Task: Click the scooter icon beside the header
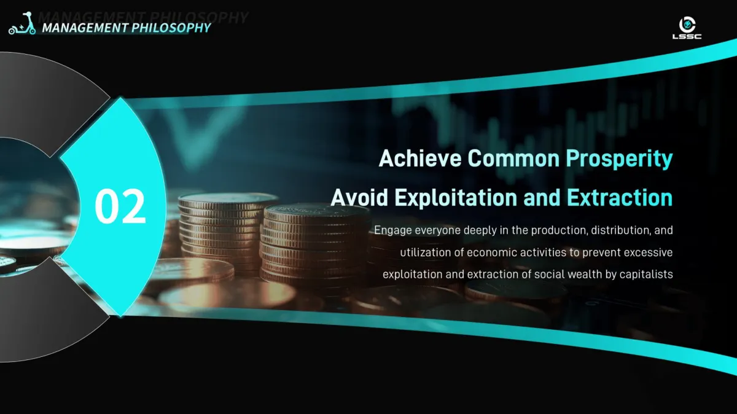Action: pyautogui.click(x=22, y=23)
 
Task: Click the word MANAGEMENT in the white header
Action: pyautogui.click(x=85, y=28)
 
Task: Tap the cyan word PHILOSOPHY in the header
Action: pyautogui.click(x=171, y=28)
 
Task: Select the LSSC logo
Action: pyautogui.click(x=687, y=28)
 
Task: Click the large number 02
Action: pyautogui.click(x=120, y=206)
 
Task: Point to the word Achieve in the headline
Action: pyautogui.click(x=420, y=158)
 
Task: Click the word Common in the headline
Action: pyautogui.click(x=513, y=158)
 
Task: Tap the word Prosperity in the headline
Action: pyautogui.click(x=619, y=159)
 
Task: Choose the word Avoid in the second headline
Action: pyautogui.click(x=359, y=197)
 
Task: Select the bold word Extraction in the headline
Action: pyautogui.click(x=620, y=197)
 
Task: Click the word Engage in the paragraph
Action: pyautogui.click(x=393, y=230)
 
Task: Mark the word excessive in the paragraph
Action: pyautogui.click(x=648, y=252)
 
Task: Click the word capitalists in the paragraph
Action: pyautogui.click(x=646, y=275)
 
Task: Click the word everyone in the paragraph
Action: pyautogui.click(x=437, y=230)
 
